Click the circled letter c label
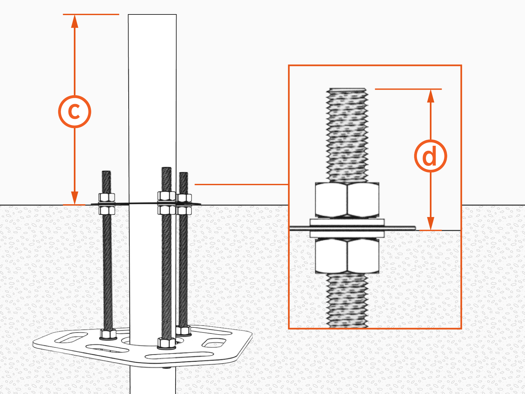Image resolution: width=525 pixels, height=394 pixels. tap(74, 112)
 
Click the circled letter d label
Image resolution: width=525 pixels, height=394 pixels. tap(430, 156)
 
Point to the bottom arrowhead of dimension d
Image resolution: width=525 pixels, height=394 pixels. tap(431, 224)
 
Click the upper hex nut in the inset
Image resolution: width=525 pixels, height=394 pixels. tap(347, 200)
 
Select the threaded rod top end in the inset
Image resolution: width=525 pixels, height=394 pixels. tap(347, 90)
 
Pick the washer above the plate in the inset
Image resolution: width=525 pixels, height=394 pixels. tap(347, 222)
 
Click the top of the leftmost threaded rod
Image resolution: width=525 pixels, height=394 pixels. tap(106, 172)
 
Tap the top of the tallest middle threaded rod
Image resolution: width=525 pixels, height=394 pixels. tap(166, 169)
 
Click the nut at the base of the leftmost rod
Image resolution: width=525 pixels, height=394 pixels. tap(108, 335)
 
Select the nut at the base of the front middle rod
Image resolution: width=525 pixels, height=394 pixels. tap(166, 343)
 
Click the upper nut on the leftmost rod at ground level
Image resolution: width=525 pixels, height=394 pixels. tap(107, 197)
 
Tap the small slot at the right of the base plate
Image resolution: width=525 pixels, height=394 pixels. tap(214, 342)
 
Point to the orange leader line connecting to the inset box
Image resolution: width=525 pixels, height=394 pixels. tap(241, 185)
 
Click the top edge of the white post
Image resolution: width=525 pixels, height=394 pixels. tap(152, 15)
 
